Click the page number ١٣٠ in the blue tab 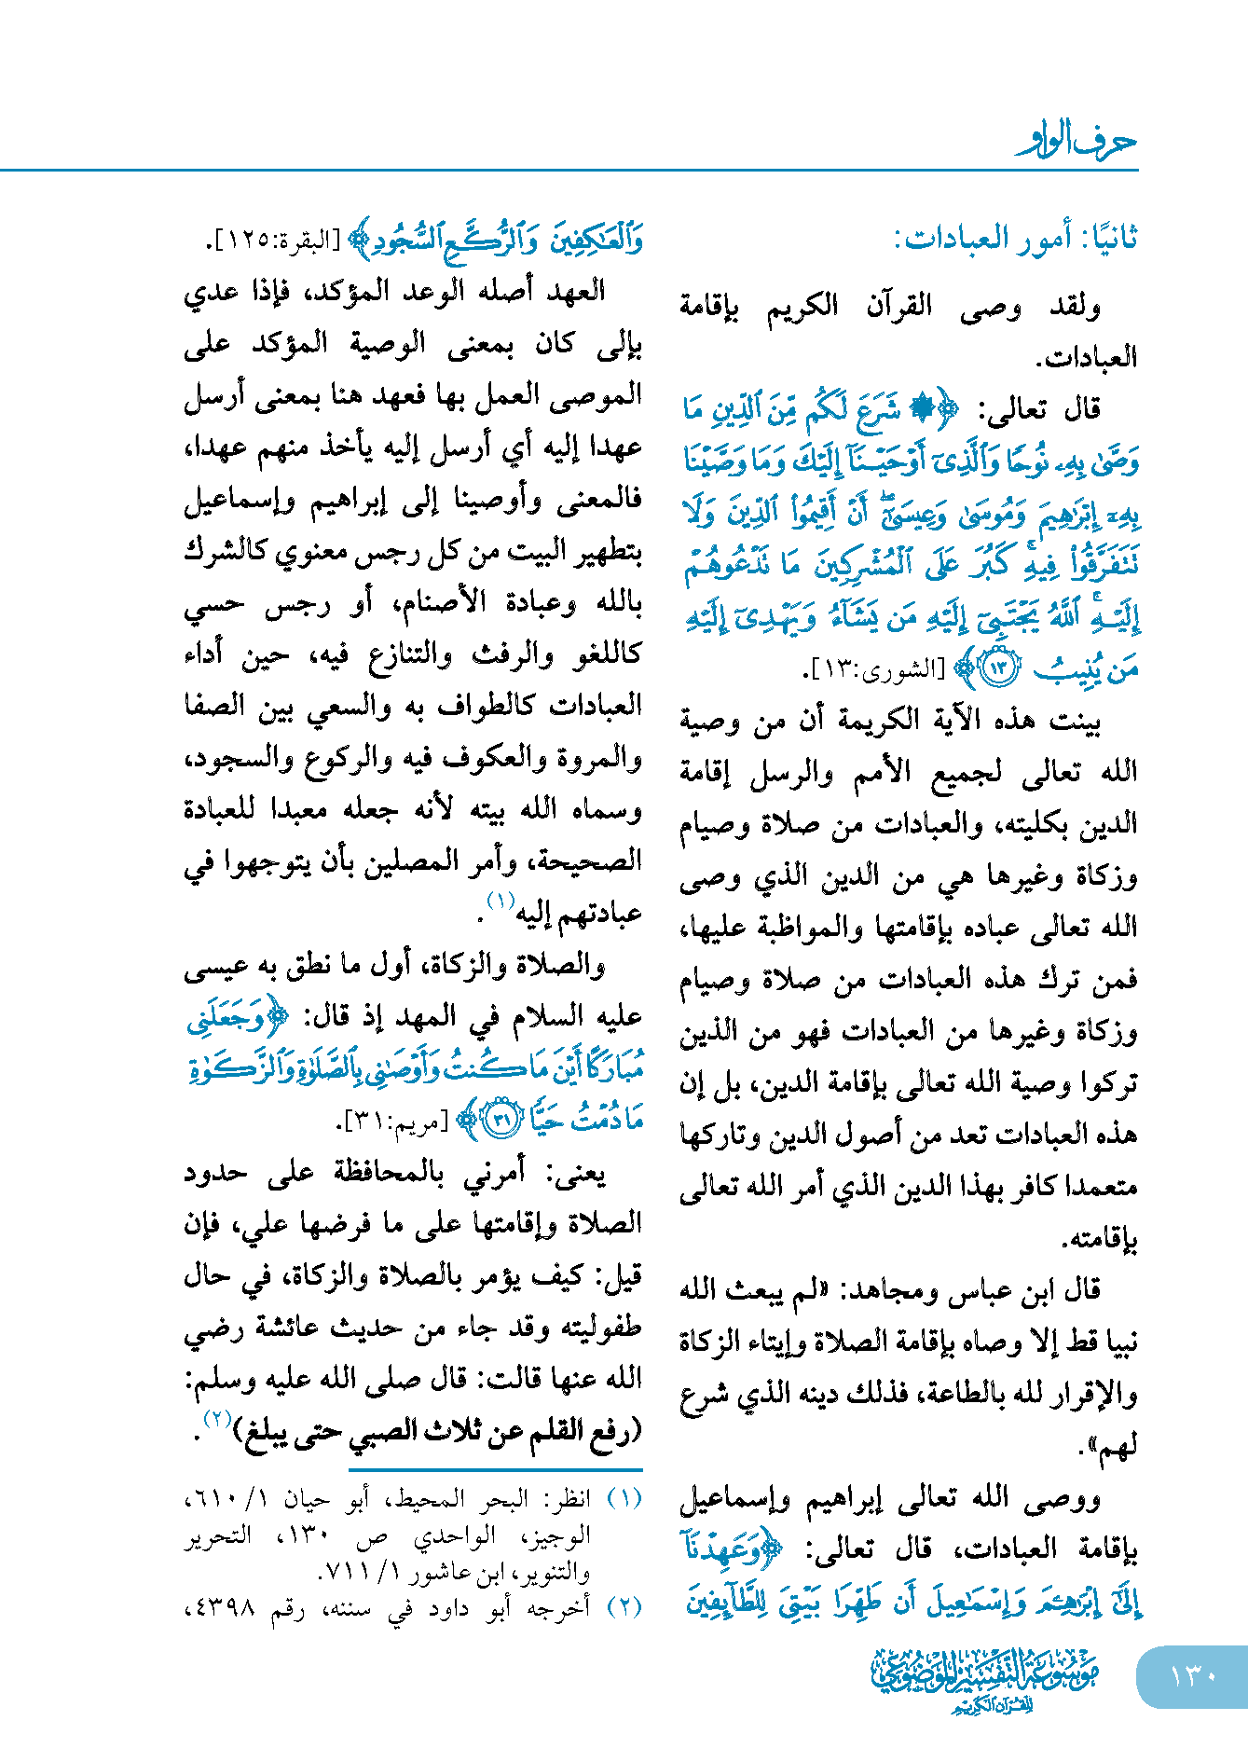click(1193, 1675)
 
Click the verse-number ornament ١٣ click(999, 668)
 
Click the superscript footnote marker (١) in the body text click(501, 902)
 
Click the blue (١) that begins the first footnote click(624, 1498)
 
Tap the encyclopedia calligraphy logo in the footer click(984, 1679)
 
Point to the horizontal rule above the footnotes click(496, 1468)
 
